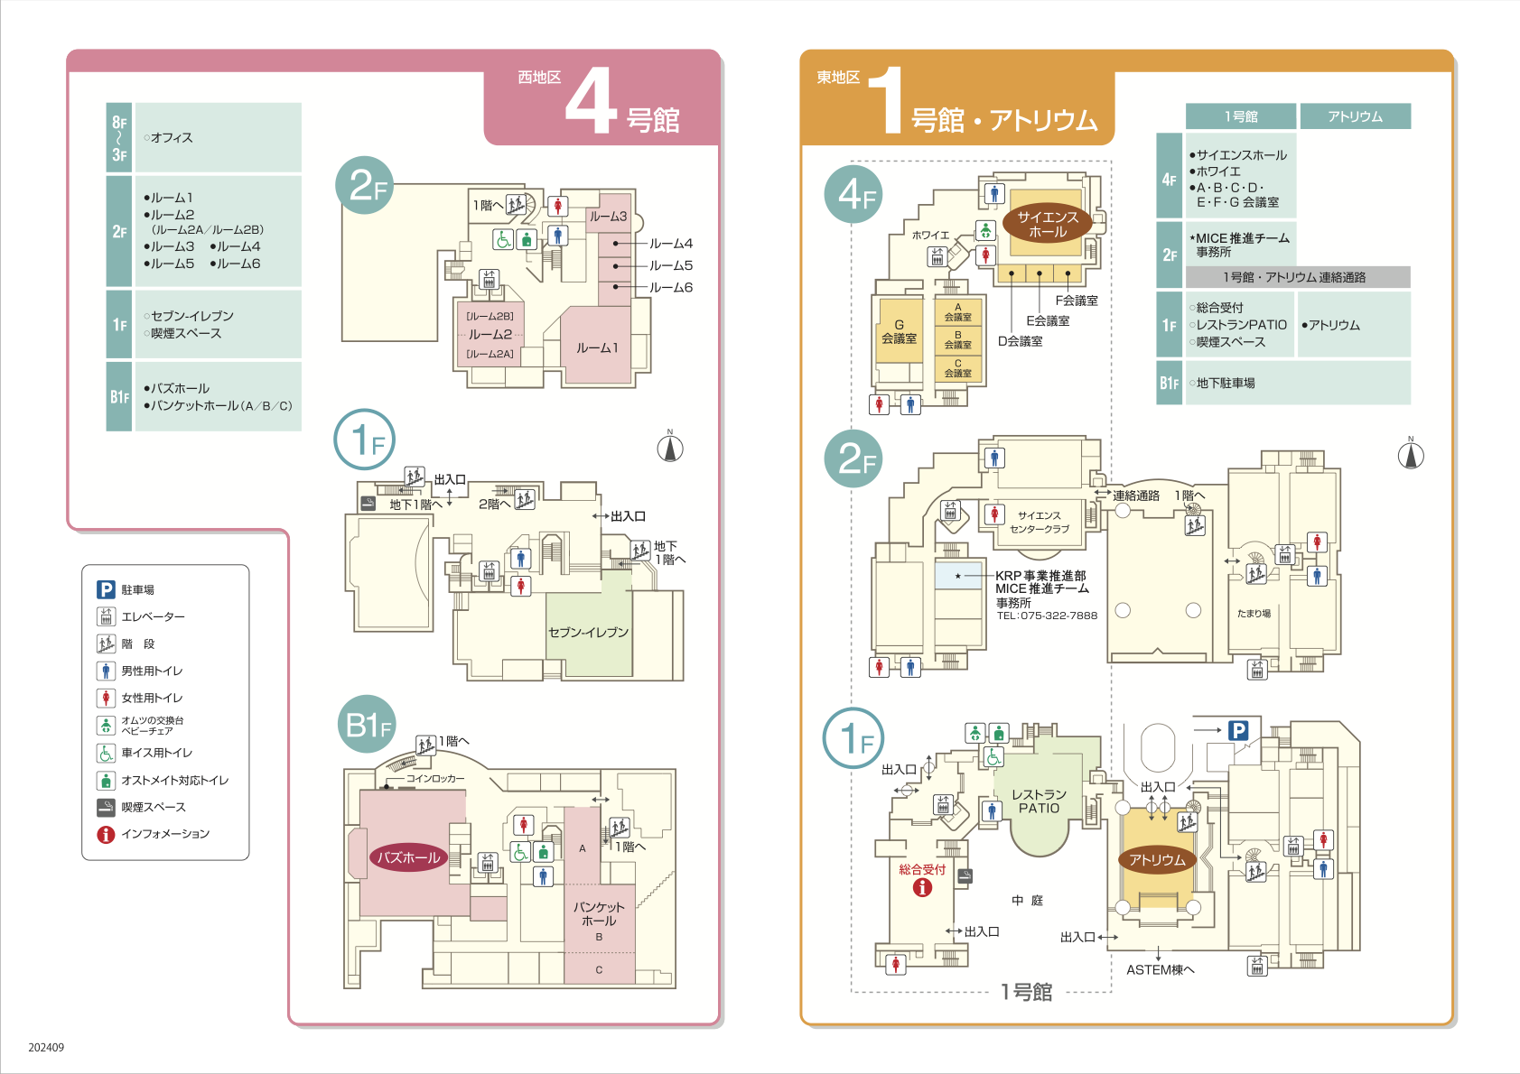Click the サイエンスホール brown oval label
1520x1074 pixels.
click(x=1047, y=224)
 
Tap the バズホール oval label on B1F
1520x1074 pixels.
click(x=408, y=857)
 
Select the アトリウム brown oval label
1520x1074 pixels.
click(x=1157, y=860)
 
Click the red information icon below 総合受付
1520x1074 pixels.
click(x=922, y=887)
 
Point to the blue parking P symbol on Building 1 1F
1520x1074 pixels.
click(x=1238, y=730)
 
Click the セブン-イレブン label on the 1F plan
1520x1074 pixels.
click(x=588, y=632)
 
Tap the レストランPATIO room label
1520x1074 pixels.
click(x=1039, y=801)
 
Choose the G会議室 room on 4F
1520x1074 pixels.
click(x=900, y=331)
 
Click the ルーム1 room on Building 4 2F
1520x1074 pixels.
click(x=597, y=347)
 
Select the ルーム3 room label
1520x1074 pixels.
click(x=608, y=217)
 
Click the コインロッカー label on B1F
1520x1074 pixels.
click(x=435, y=778)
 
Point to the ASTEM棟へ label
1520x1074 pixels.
click(x=1161, y=969)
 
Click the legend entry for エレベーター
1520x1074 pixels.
click(x=153, y=617)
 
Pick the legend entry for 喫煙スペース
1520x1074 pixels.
click(x=154, y=807)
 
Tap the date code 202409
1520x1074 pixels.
click(x=46, y=1048)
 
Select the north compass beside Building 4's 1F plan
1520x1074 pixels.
click(x=670, y=447)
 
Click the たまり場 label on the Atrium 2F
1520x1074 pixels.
click(x=1254, y=614)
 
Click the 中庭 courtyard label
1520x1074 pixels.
click(x=1027, y=901)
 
